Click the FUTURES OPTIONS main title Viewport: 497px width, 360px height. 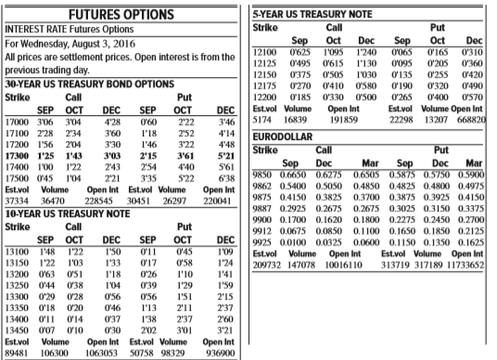coord(123,14)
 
